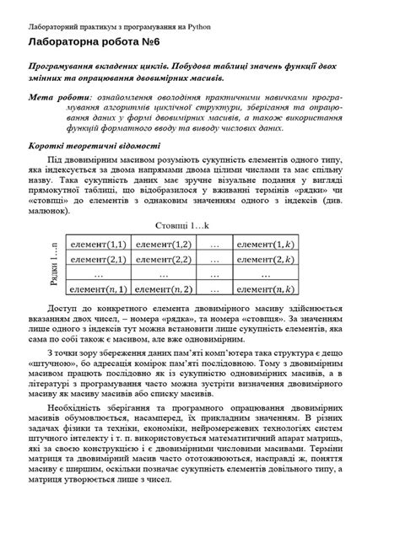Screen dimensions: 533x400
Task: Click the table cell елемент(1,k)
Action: click(267, 244)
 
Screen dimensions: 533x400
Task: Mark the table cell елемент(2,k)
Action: click(267, 259)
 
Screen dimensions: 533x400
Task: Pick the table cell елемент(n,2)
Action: click(165, 289)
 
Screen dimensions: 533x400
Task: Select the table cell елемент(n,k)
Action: click(267, 289)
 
